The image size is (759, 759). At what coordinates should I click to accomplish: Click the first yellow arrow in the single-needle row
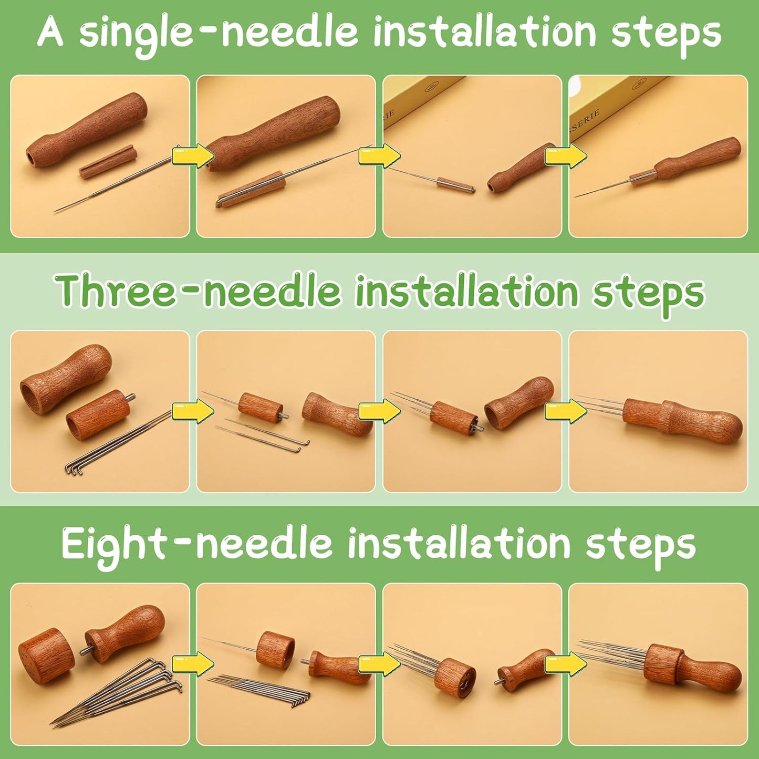193,156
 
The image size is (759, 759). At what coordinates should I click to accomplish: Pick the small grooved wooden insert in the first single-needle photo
108,162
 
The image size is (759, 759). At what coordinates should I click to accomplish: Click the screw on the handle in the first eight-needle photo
83,651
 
